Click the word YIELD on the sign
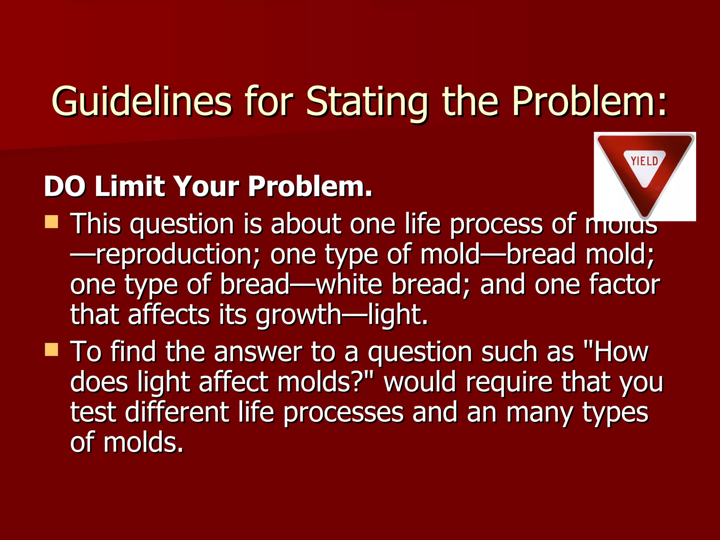click(x=644, y=161)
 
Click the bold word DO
click(x=65, y=186)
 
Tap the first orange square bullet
click(x=52, y=222)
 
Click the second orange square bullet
click(x=52, y=350)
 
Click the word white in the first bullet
click(x=349, y=284)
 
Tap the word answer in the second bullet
click(x=258, y=352)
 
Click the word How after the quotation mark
click(x=621, y=352)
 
